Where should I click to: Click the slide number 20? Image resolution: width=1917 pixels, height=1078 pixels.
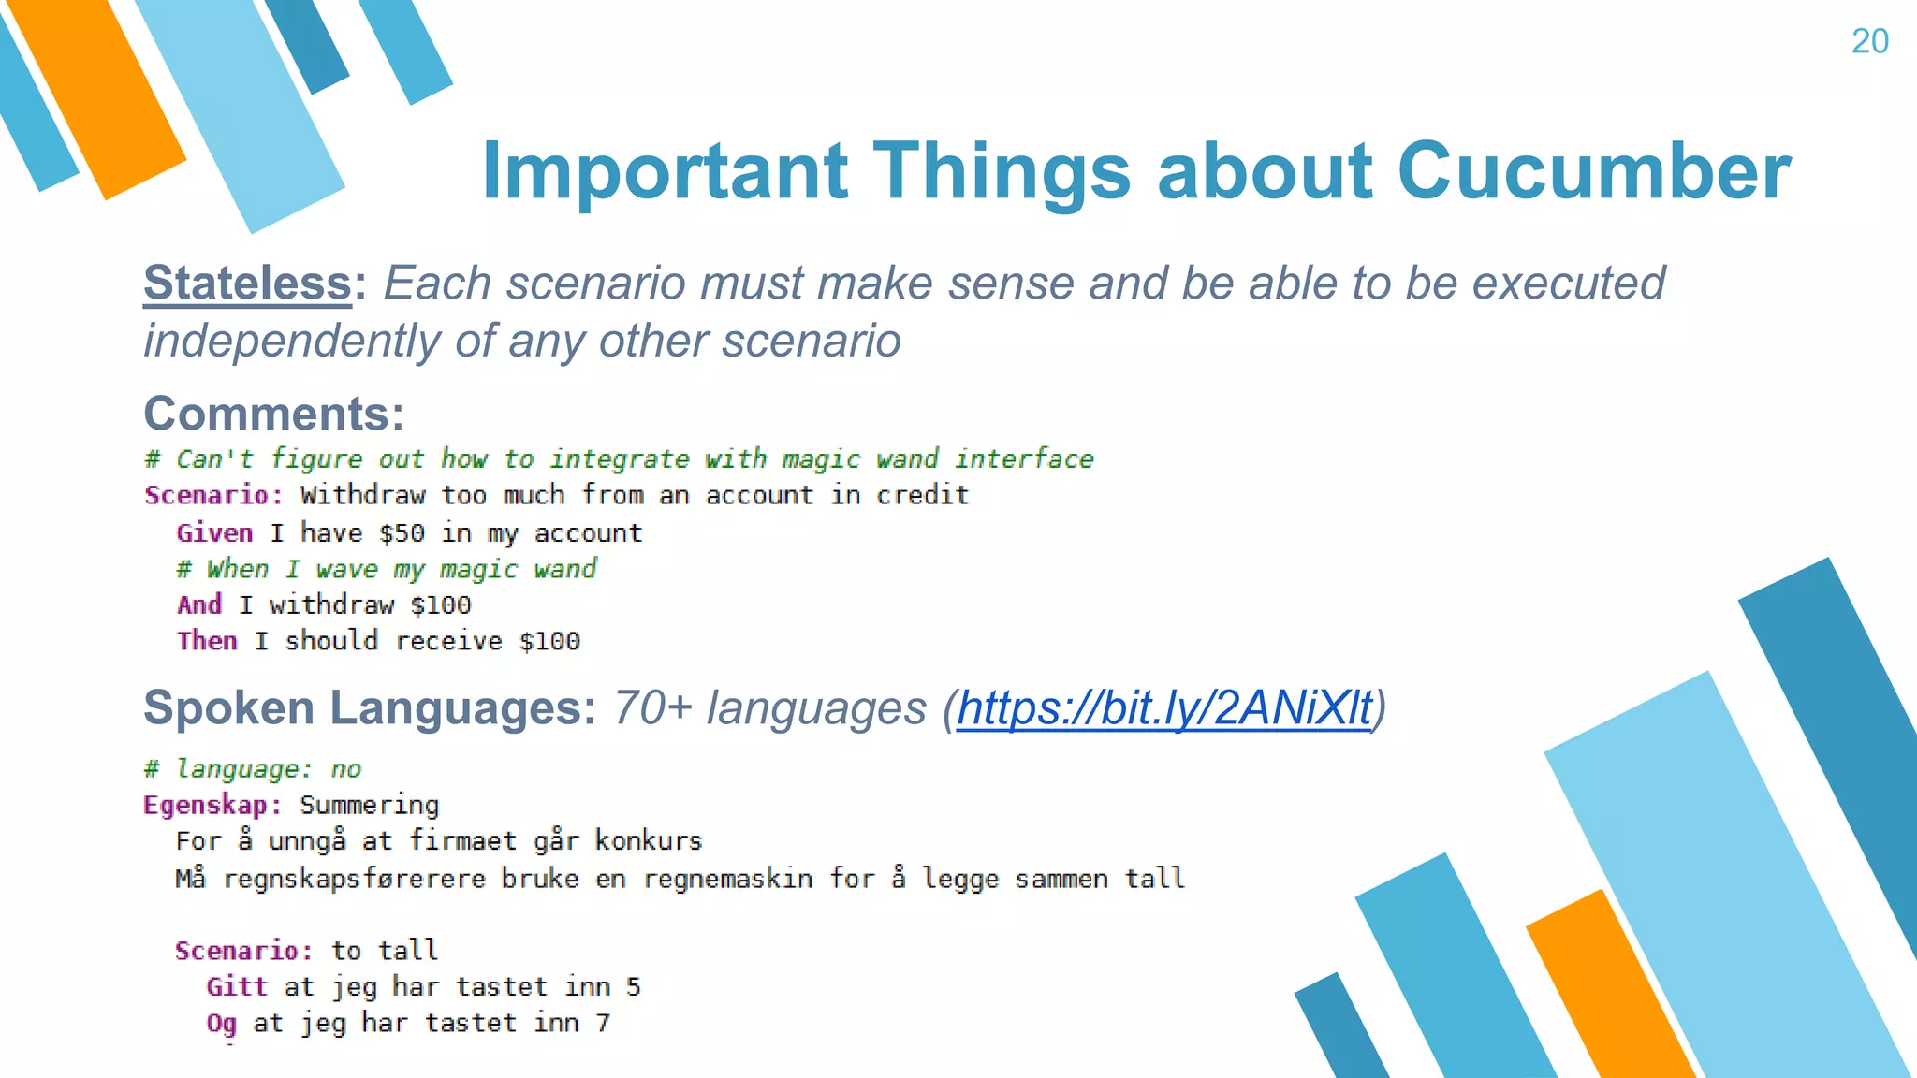click(1869, 41)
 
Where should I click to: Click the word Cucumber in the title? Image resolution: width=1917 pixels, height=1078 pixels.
click(1593, 171)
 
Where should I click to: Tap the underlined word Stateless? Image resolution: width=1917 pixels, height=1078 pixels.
click(247, 283)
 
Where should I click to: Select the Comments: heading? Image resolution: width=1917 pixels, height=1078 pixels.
click(273, 414)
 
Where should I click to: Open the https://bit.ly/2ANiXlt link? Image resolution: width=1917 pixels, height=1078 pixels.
click(1163, 707)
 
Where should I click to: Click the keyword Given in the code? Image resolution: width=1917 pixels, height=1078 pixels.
click(214, 533)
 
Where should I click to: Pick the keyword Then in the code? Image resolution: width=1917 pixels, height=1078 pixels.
click(207, 641)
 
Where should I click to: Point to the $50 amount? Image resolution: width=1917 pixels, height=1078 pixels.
click(402, 533)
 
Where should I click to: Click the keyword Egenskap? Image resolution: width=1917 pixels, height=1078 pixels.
click(212, 805)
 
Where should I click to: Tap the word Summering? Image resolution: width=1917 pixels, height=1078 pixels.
click(369, 805)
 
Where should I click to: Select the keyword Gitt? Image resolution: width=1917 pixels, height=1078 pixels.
click(237, 986)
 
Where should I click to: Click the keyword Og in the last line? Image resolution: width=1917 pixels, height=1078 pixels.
click(221, 1023)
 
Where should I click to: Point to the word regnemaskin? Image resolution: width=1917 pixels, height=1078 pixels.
click(727, 879)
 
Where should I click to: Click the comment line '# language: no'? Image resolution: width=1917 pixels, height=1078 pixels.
click(252, 769)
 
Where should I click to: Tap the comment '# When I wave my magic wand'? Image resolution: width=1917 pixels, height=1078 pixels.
click(387, 569)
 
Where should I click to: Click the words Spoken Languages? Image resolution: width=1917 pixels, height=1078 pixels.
click(369, 707)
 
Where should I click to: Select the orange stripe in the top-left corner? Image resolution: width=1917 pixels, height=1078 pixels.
click(98, 94)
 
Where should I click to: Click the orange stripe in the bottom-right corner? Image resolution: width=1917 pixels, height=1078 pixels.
click(1610, 992)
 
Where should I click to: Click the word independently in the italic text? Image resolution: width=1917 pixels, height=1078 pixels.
click(291, 341)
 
